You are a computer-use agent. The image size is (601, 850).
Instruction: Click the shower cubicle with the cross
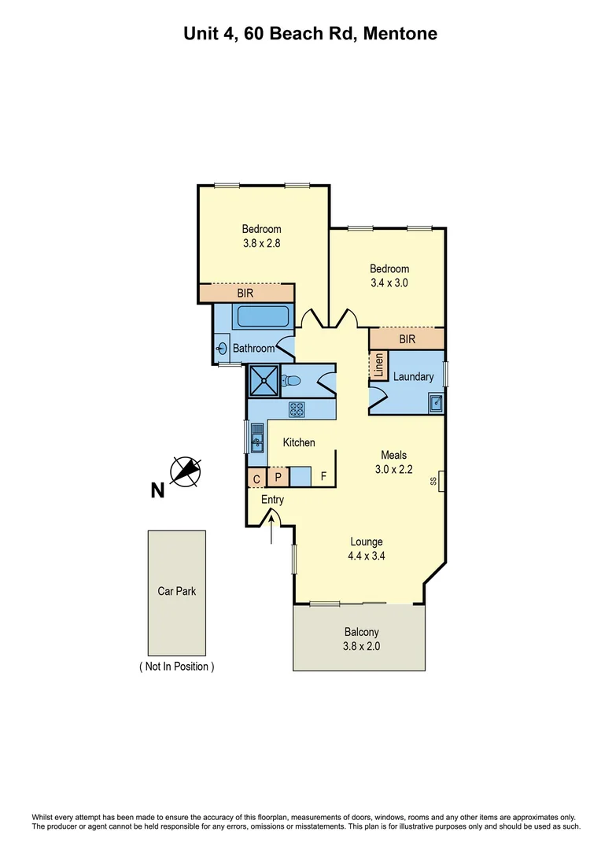(264, 381)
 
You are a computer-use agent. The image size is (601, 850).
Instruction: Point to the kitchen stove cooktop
(297, 408)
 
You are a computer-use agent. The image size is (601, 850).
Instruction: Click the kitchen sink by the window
(256, 438)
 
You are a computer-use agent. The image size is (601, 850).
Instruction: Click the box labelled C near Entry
(256, 478)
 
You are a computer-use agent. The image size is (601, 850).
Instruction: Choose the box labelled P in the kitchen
(278, 477)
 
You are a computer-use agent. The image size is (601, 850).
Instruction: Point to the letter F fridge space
(323, 477)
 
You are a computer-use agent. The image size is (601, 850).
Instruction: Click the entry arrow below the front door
(272, 531)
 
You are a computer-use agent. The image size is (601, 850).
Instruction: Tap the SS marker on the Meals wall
(433, 481)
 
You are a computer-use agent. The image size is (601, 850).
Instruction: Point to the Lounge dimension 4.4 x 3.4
(367, 555)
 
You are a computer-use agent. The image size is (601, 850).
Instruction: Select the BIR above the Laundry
(407, 339)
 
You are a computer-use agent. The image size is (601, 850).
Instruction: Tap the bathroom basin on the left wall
(221, 347)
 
